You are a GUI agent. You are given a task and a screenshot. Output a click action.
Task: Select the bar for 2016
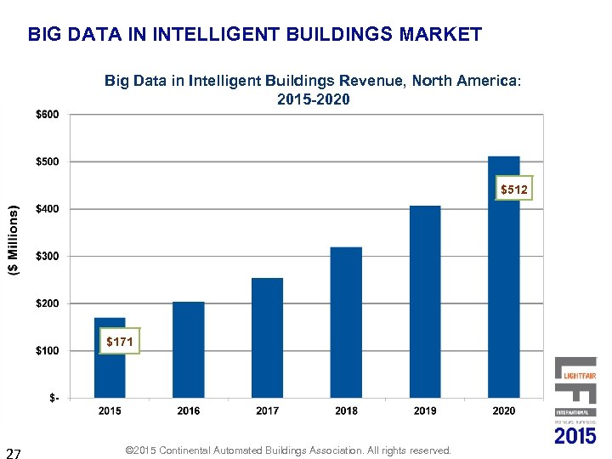tap(189, 349)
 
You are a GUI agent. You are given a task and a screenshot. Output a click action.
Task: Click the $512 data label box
tap(513, 190)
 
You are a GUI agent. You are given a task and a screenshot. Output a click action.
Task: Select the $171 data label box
tap(119, 342)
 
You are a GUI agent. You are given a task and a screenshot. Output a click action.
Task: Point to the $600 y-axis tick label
tap(47, 115)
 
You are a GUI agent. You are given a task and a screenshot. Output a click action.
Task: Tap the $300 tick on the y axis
tap(47, 256)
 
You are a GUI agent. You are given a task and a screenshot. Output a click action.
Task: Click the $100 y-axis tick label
tap(47, 350)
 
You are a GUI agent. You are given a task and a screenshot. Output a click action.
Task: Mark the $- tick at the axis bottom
tap(54, 398)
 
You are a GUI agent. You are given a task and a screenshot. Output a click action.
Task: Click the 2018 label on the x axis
tap(346, 411)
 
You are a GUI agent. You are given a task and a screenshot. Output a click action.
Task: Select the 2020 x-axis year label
tap(503, 411)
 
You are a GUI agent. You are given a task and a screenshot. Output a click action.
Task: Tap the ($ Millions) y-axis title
tap(14, 241)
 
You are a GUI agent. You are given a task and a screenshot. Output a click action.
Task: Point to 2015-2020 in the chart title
tap(313, 99)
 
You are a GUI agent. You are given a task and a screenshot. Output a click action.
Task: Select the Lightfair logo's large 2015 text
tap(575, 436)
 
